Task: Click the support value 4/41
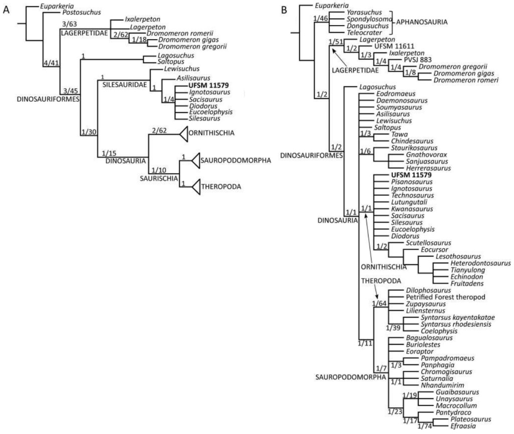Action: [51, 64]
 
